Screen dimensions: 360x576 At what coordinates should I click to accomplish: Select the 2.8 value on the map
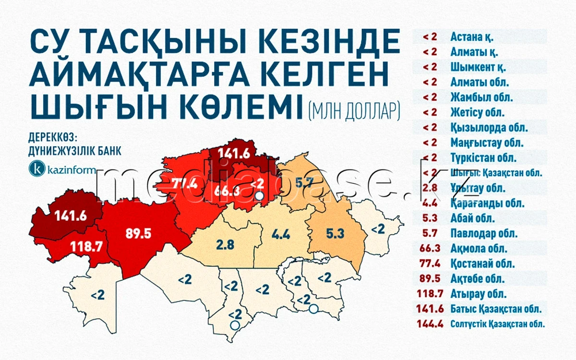[225, 245]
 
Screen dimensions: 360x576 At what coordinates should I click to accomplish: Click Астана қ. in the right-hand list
[472, 36]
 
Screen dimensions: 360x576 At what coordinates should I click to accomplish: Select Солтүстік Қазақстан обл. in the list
[498, 324]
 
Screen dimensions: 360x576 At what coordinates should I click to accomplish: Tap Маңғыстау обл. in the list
[480, 143]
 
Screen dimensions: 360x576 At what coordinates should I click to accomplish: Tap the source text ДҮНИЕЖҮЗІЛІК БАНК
[75, 150]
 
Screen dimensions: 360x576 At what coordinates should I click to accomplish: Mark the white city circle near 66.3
[259, 196]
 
